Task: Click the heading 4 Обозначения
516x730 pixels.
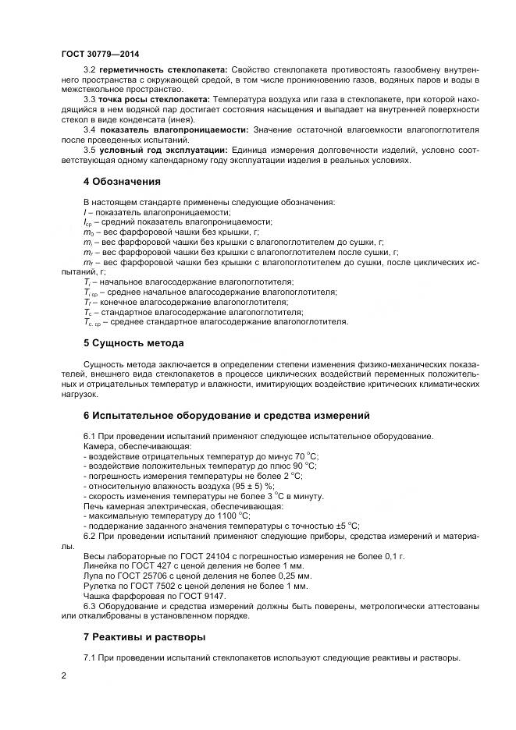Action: pos(122,182)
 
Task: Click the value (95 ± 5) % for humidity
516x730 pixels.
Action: pos(220,484)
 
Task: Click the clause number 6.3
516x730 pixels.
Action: pos(90,605)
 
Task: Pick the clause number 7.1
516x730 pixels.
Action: pos(90,657)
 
